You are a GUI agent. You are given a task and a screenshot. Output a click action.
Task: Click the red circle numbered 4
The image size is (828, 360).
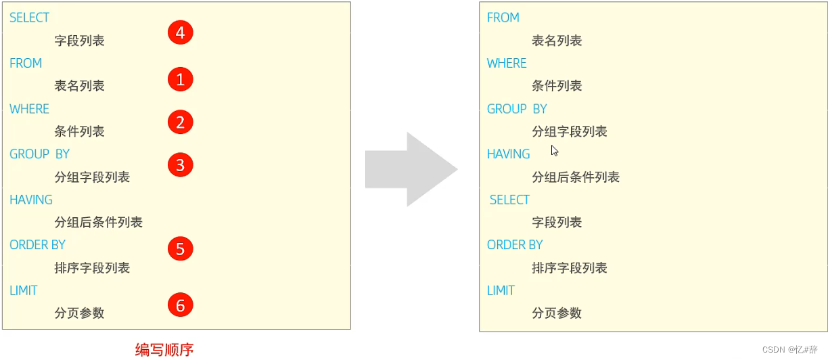tap(180, 32)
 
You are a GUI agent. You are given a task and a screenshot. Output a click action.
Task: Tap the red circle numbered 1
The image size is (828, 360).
tap(180, 80)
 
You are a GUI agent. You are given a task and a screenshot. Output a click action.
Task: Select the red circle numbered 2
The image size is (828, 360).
tap(180, 122)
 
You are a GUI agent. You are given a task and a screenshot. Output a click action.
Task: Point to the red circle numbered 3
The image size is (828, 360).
tap(180, 165)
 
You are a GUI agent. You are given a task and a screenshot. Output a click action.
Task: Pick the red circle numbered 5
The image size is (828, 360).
tap(180, 249)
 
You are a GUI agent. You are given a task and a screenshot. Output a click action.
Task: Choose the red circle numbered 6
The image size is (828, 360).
tap(180, 305)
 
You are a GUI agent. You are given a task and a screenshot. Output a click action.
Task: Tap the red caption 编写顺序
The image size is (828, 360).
tap(164, 350)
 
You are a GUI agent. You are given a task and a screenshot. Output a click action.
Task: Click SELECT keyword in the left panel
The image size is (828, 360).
tap(30, 18)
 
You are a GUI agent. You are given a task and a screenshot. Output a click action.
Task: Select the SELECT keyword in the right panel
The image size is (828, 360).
tap(509, 200)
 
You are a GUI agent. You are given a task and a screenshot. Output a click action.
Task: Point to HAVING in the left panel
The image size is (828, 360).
tap(31, 200)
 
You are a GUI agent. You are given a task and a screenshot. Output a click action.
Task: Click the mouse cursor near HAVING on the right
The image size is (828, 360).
tap(555, 151)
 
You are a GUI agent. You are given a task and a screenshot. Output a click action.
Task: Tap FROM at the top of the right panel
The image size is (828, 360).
tap(503, 18)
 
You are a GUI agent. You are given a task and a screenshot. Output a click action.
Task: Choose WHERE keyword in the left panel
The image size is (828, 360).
tap(30, 109)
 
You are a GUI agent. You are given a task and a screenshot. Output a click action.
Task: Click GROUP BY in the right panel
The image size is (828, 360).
tap(517, 109)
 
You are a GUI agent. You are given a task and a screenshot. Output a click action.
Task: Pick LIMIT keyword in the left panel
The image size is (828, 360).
tap(24, 290)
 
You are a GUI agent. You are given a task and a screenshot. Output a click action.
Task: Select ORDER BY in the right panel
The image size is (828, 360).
tap(515, 245)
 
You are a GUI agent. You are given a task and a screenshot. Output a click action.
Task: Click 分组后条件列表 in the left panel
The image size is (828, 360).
tap(99, 222)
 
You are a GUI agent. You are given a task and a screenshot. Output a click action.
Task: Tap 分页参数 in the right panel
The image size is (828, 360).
tap(557, 313)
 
